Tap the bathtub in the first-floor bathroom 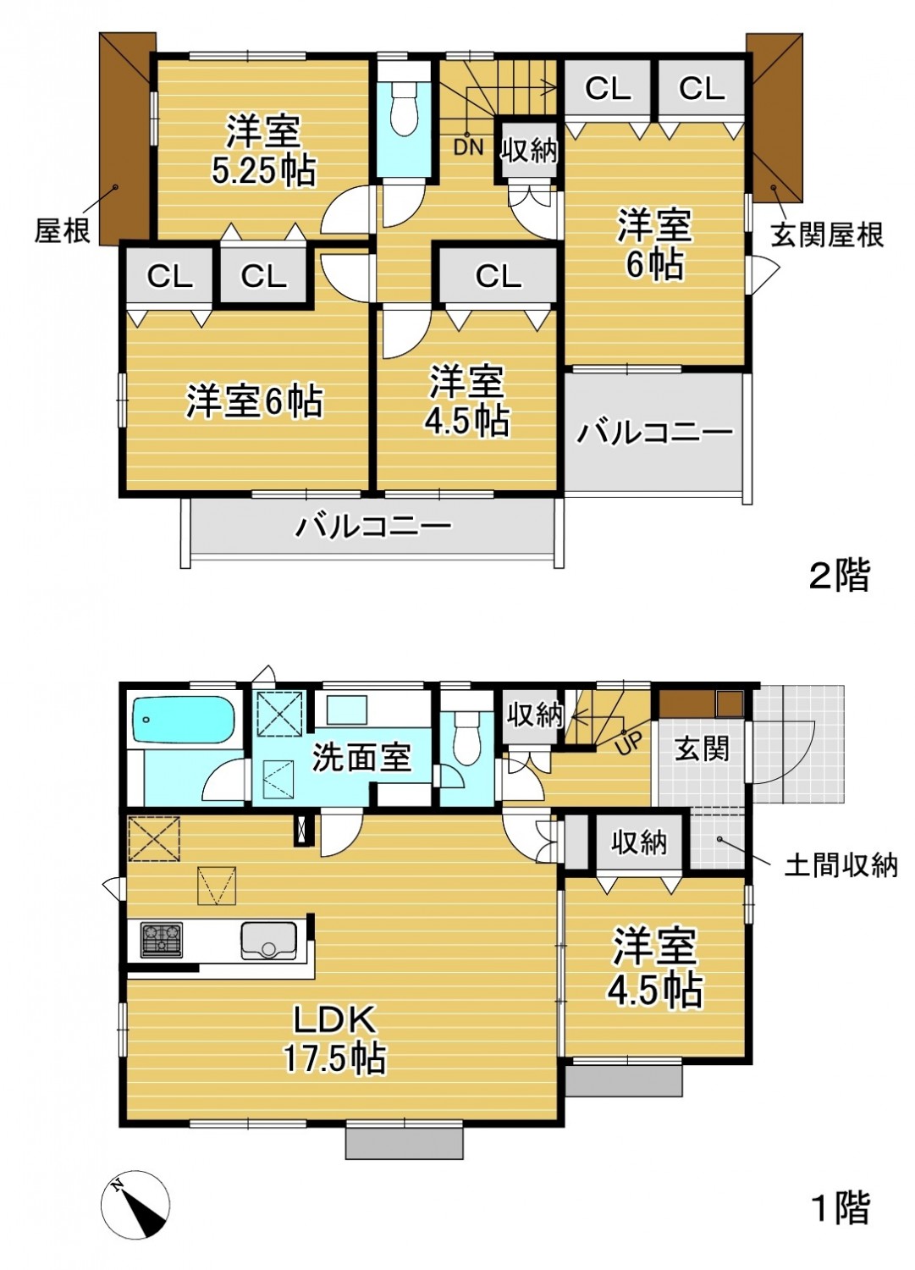184,721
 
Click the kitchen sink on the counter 268,941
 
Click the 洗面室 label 361,757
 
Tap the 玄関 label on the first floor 701,749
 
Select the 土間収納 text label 841,866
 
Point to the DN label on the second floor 468,148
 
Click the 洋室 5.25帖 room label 263,150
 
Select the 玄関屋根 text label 827,234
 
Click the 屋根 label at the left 63,231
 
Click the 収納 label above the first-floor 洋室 639,843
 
